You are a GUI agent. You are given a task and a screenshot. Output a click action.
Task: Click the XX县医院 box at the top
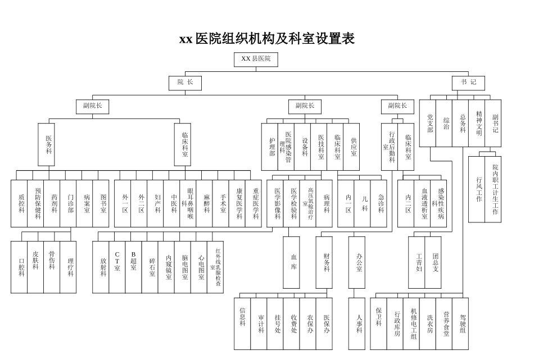pyautogui.click(x=256, y=59)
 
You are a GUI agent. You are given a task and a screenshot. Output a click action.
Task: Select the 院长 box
pyautogui.click(x=185, y=83)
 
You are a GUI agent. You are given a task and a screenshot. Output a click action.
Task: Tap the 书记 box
pyautogui.click(x=468, y=83)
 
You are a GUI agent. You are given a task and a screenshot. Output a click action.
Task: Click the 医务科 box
pyautogui.click(x=48, y=144)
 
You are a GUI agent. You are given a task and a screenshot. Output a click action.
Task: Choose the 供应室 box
pyautogui.click(x=353, y=147)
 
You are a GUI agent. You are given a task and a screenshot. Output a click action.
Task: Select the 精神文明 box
pyautogui.click(x=478, y=123)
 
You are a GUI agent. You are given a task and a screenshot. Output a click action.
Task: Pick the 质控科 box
pyautogui.click(x=21, y=203)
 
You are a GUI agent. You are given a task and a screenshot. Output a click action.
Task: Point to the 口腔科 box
pyautogui.click(x=21, y=267)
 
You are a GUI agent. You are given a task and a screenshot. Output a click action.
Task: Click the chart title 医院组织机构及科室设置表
pyautogui.click(x=267, y=39)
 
